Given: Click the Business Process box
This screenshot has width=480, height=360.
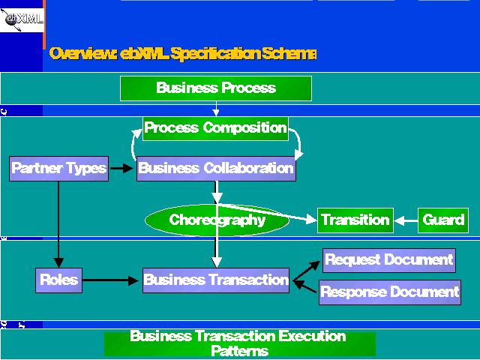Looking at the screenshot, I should pos(216,88).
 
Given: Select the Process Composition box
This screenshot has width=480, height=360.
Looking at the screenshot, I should pos(215,128).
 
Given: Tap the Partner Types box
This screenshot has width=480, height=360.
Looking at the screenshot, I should pos(58,168).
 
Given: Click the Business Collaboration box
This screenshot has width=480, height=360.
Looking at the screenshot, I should pos(216,169).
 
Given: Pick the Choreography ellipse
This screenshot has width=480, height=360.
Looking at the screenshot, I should pos(217,220).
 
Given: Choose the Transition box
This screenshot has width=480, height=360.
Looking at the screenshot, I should pos(355,220).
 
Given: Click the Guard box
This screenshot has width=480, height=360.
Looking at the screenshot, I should pos(442,220).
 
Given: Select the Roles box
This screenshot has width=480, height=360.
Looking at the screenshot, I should pos(58,280).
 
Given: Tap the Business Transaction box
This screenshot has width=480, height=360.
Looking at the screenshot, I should pos(216,280).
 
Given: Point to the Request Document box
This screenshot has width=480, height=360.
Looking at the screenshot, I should pos(389,260).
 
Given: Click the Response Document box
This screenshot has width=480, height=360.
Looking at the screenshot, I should pos(389,292).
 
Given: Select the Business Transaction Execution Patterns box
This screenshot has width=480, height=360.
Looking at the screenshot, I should pos(239,343).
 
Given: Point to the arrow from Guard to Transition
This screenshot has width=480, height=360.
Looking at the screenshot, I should pos(405,220).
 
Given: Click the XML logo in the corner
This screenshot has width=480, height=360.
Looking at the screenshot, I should pos(22,18).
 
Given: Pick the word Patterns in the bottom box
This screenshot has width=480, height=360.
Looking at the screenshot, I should pos(239,351).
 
